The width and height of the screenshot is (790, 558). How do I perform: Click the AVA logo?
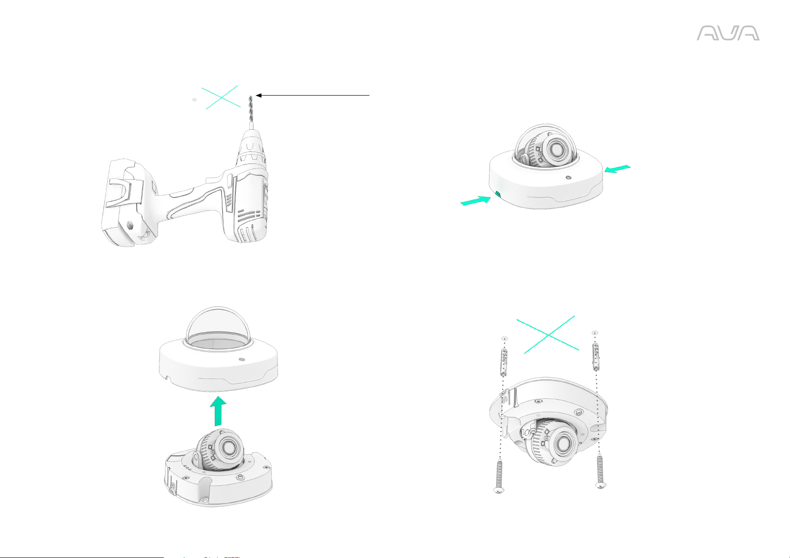coord(728,33)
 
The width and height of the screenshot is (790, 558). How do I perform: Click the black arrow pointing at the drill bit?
coord(312,95)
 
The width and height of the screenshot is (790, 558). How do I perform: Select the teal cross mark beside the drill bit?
coord(221,97)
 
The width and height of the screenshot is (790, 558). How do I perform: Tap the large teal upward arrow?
coord(218,411)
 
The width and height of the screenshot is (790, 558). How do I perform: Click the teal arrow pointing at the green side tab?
coord(476,201)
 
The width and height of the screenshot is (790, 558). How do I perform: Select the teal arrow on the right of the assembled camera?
coord(617,169)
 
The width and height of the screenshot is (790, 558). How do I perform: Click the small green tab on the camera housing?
coord(498,194)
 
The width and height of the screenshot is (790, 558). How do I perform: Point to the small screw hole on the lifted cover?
coord(241,360)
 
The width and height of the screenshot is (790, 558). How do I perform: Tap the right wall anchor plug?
coord(596,357)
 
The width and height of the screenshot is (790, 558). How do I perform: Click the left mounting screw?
coord(499,475)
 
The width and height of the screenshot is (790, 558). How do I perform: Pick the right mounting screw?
coord(601,471)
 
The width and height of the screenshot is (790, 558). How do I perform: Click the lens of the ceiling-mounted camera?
coord(564,443)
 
